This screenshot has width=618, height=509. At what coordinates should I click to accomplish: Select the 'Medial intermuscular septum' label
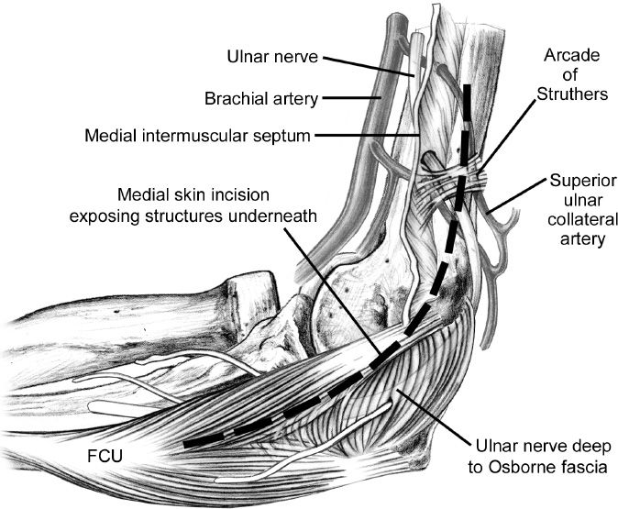coord(197,136)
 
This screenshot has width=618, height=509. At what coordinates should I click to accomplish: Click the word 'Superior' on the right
coord(577,180)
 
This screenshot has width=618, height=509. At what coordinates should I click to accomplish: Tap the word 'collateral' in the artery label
coord(577,220)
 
